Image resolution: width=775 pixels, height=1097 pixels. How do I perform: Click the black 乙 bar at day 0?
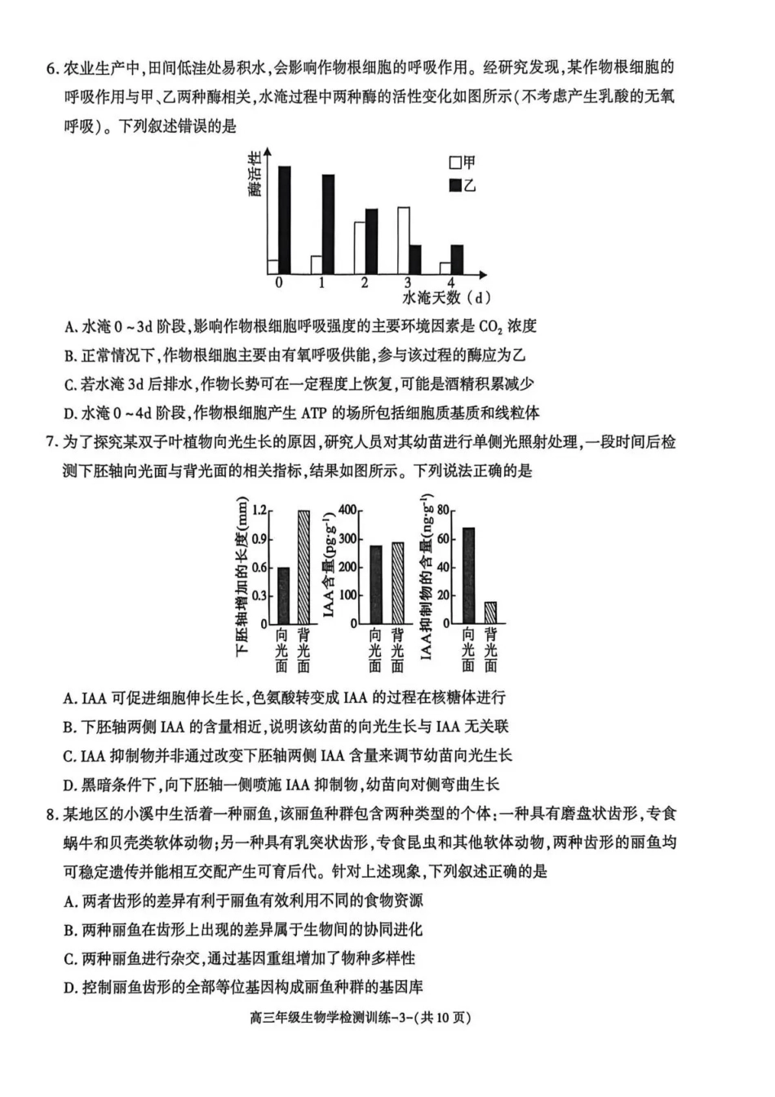click(285, 220)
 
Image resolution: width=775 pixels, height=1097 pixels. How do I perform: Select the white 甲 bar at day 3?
click(403, 241)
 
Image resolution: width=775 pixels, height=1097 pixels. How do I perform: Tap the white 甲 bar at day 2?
click(360, 248)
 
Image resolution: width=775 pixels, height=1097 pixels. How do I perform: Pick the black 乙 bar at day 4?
click(457, 259)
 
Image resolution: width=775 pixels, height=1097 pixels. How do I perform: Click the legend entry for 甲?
click(462, 163)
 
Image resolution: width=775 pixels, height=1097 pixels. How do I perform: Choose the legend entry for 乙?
click(462, 185)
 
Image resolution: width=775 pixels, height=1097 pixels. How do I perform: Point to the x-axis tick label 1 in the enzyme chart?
click(321, 283)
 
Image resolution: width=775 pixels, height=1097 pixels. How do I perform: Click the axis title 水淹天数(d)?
click(447, 299)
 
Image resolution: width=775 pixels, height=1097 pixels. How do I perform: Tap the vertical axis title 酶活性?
click(255, 174)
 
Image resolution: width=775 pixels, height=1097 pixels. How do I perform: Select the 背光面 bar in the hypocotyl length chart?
click(303, 567)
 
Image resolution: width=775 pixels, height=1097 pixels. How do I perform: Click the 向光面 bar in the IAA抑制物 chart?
click(468, 576)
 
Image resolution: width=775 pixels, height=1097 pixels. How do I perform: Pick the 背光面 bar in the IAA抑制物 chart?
click(490, 613)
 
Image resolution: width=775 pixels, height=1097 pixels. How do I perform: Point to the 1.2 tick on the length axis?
click(259, 511)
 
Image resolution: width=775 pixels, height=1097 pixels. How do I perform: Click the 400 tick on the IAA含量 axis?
click(348, 511)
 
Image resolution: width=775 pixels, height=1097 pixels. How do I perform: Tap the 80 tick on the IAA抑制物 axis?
click(444, 511)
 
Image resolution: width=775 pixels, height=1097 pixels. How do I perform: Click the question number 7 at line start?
click(51, 443)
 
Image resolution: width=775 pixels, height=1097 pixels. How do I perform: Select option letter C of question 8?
click(69, 959)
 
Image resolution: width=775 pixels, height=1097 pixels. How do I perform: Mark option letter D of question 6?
click(69, 414)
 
